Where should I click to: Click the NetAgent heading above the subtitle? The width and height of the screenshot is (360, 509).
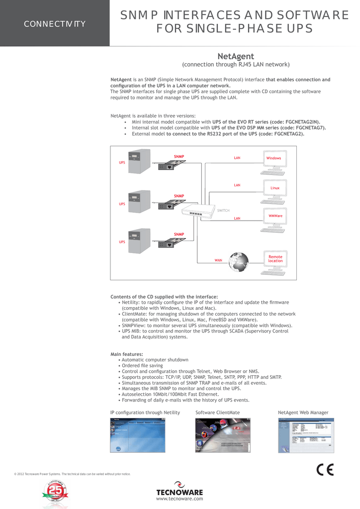pyautogui.click(x=237, y=56)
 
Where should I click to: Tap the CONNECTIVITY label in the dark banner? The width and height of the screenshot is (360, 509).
pyautogui.click(x=55, y=24)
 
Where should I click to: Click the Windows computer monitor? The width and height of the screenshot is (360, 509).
pyautogui.click(x=274, y=159)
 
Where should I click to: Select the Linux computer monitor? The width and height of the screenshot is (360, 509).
pyautogui.click(x=275, y=188)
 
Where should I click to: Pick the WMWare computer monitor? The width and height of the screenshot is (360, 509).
pyautogui.click(x=275, y=216)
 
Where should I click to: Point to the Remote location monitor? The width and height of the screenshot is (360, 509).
pyautogui.click(x=275, y=259)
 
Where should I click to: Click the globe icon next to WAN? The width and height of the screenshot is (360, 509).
pyautogui.click(x=239, y=262)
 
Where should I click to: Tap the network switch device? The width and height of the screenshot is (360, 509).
pyautogui.click(x=198, y=212)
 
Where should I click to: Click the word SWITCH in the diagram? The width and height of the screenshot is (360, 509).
pyautogui.click(x=223, y=211)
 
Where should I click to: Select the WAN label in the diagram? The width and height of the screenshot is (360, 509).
pyautogui.click(x=218, y=260)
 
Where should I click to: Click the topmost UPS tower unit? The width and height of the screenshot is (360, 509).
pyautogui.click(x=139, y=162)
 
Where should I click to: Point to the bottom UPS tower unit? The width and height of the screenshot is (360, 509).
pyautogui.click(x=139, y=241)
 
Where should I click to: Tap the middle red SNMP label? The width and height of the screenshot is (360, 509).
pyautogui.click(x=179, y=196)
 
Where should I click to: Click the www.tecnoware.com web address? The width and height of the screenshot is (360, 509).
pyautogui.click(x=180, y=499)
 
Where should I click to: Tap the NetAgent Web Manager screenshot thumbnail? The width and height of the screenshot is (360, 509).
pyautogui.click(x=305, y=435)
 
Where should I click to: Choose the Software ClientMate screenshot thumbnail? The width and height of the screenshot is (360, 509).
pyautogui.click(x=223, y=435)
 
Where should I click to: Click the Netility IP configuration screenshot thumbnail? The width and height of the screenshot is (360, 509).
pyautogui.click(x=137, y=435)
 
